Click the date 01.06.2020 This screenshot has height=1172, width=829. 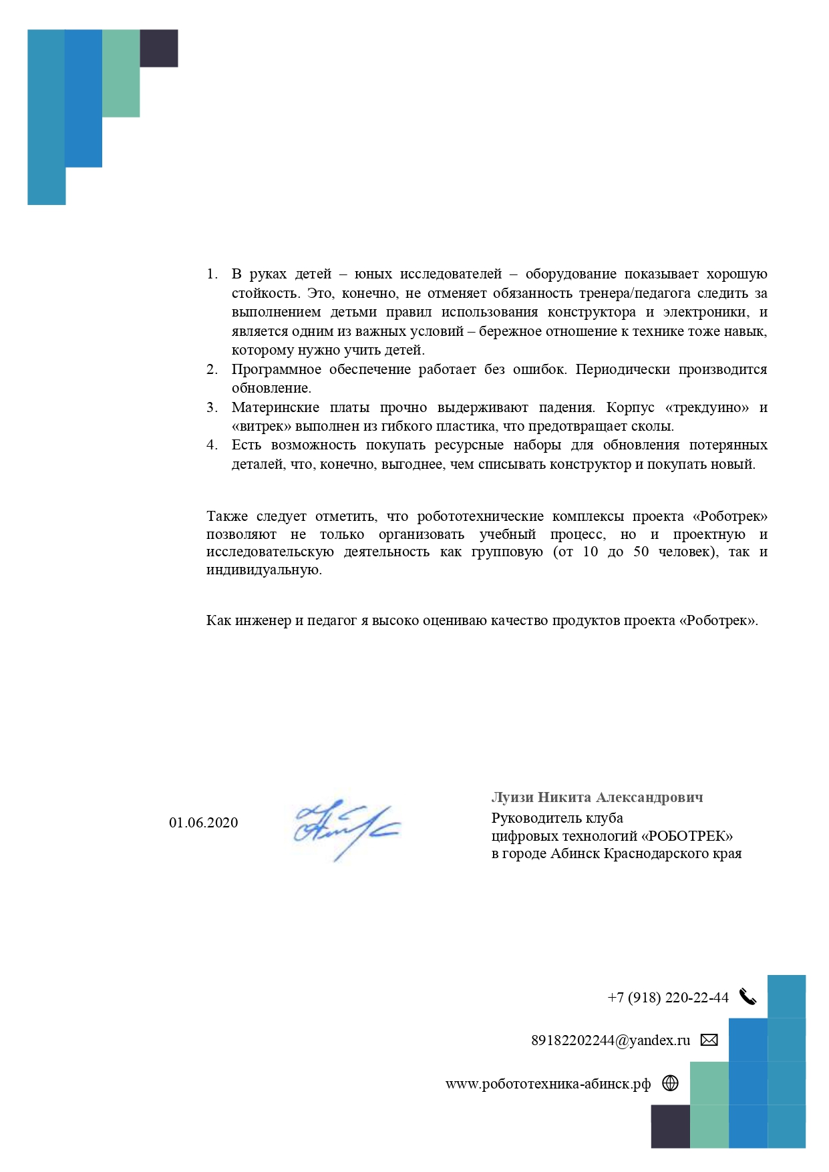(x=203, y=823)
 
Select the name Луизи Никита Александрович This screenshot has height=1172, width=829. (x=597, y=797)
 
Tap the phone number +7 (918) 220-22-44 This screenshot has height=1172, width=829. (x=667, y=998)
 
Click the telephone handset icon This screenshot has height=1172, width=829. (x=748, y=997)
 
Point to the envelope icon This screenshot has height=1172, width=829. (x=709, y=1040)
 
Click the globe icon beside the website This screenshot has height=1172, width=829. (x=670, y=1083)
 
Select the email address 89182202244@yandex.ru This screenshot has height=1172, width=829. (x=611, y=1040)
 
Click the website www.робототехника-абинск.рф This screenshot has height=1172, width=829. (x=548, y=1084)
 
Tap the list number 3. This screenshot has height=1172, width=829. (x=212, y=407)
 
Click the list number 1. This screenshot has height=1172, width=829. (x=212, y=274)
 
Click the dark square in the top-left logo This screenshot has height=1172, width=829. (x=159, y=48)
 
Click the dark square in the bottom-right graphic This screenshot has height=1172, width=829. (x=670, y=1126)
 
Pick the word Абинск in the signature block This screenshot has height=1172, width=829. (x=574, y=853)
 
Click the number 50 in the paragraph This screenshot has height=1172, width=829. (x=641, y=552)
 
